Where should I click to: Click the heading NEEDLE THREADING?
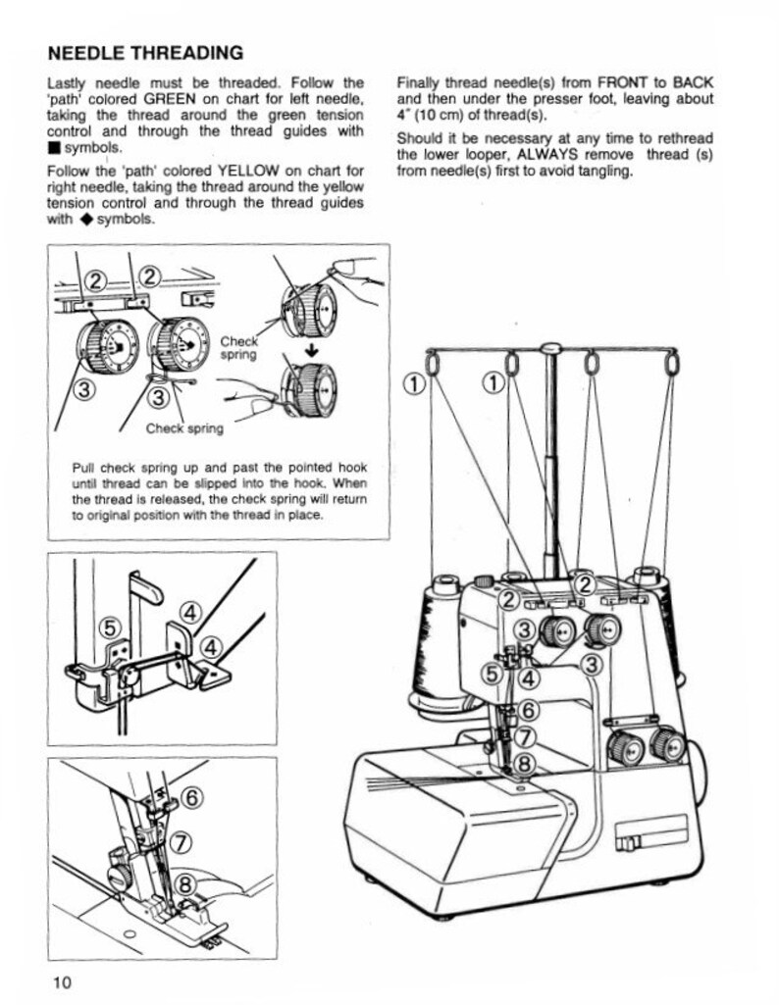(145, 52)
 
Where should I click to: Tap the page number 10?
(63, 982)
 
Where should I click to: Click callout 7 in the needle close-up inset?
(180, 841)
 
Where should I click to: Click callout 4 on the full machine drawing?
(528, 677)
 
